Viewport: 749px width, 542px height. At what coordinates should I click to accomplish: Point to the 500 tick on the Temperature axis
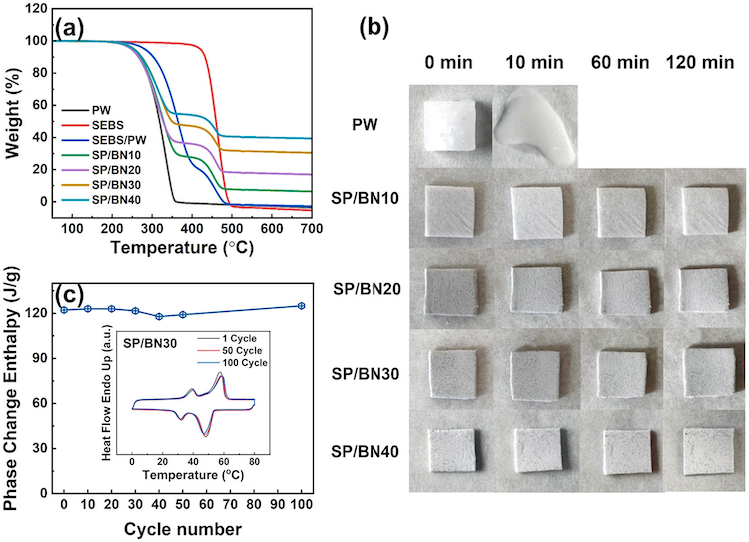(x=229, y=228)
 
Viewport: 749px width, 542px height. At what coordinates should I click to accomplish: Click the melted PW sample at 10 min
(x=539, y=126)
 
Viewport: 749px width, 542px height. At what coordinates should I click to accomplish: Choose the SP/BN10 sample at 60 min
(x=623, y=211)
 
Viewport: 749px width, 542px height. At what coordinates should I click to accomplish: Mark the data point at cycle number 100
(x=301, y=306)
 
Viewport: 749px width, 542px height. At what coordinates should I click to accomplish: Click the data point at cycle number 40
(x=159, y=316)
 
